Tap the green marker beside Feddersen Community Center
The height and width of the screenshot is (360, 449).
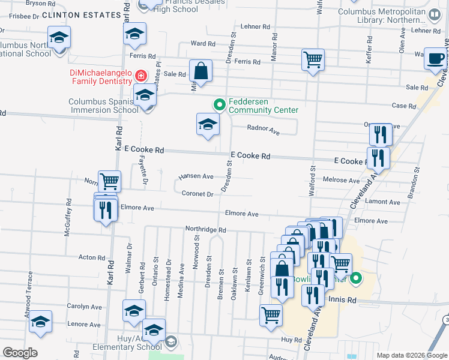(219, 105)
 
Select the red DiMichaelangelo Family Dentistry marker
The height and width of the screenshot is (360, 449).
(140, 76)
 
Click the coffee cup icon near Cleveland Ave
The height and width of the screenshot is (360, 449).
(436, 59)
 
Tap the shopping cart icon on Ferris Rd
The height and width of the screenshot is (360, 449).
(313, 60)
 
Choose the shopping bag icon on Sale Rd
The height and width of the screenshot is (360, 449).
(201, 71)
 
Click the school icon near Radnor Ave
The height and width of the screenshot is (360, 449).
(208, 125)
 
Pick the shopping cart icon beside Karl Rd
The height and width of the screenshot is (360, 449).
(109, 181)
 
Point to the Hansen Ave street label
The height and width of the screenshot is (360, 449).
(196, 177)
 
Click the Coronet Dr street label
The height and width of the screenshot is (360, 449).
(197, 194)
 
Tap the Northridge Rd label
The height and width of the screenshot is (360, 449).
(205, 230)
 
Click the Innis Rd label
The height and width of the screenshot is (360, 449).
(342, 300)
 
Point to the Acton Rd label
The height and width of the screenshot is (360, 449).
(92, 257)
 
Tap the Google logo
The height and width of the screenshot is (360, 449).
(20, 353)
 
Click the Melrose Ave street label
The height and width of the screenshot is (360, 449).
(341, 180)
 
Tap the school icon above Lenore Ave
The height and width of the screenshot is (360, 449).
(41, 322)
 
